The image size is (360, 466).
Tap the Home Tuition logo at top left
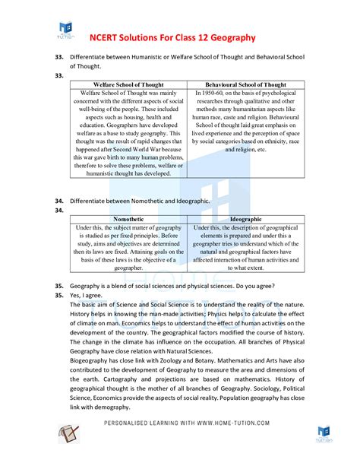tap(65, 30)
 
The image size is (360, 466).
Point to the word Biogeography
tap(92, 361)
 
